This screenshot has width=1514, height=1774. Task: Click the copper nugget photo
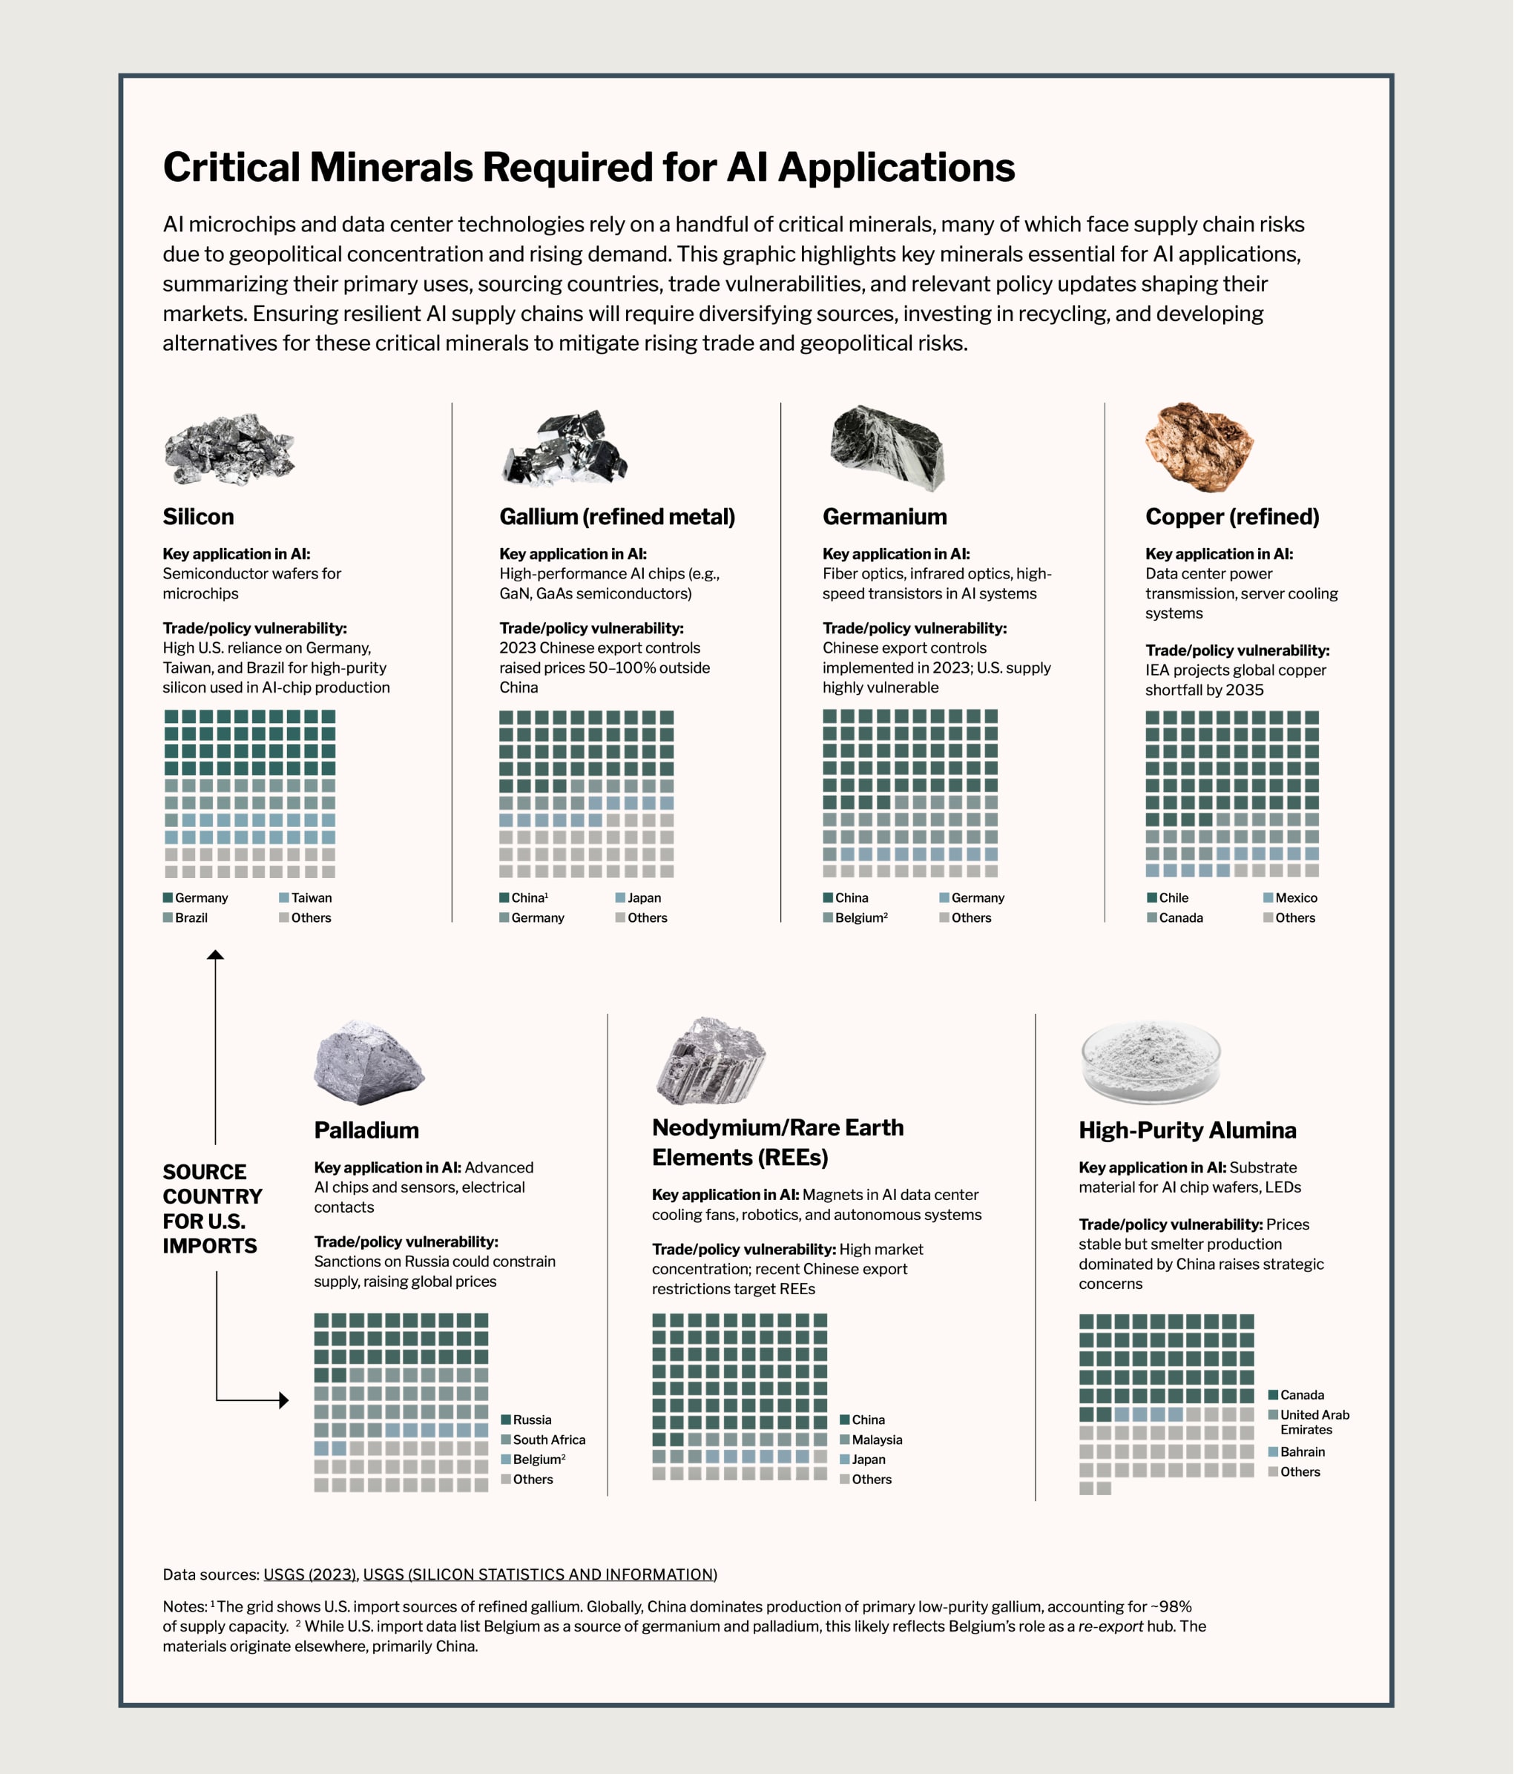coord(1199,447)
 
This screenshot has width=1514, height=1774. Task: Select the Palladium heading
coord(366,1130)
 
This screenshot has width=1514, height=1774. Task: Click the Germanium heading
coord(885,517)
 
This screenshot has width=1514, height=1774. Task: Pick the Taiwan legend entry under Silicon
coord(306,898)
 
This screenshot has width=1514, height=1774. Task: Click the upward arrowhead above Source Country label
coord(216,954)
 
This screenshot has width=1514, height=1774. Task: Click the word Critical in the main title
coord(231,168)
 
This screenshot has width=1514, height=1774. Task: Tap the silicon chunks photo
coord(229,449)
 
